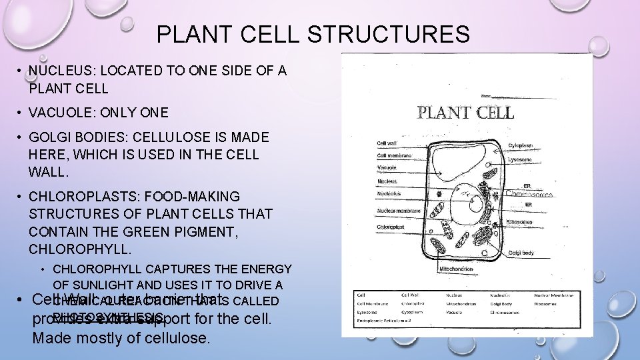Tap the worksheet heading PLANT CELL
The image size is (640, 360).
465,112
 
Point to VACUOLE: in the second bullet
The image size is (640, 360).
62,113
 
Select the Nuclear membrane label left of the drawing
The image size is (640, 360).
399,211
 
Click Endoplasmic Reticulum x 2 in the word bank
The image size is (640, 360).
386,320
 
